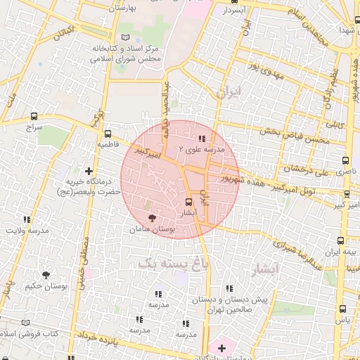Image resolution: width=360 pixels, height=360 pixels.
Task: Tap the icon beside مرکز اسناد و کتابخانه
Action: pyautogui.click(x=126, y=37)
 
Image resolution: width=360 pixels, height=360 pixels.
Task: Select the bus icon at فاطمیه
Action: pyautogui.click(x=108, y=134)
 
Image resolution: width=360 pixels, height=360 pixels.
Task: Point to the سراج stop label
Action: pyautogui.click(x=35, y=129)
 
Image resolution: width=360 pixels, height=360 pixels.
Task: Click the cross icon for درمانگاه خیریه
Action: pyautogui.click(x=89, y=170)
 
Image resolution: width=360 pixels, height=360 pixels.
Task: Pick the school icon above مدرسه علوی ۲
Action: pyautogui.click(x=202, y=139)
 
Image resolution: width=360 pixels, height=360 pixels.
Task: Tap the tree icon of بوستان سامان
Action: pyautogui.click(x=153, y=218)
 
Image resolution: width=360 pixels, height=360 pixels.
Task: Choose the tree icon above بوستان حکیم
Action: pyautogui.click(x=46, y=275)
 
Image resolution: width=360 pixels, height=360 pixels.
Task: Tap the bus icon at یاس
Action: pyautogui.click(x=342, y=309)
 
